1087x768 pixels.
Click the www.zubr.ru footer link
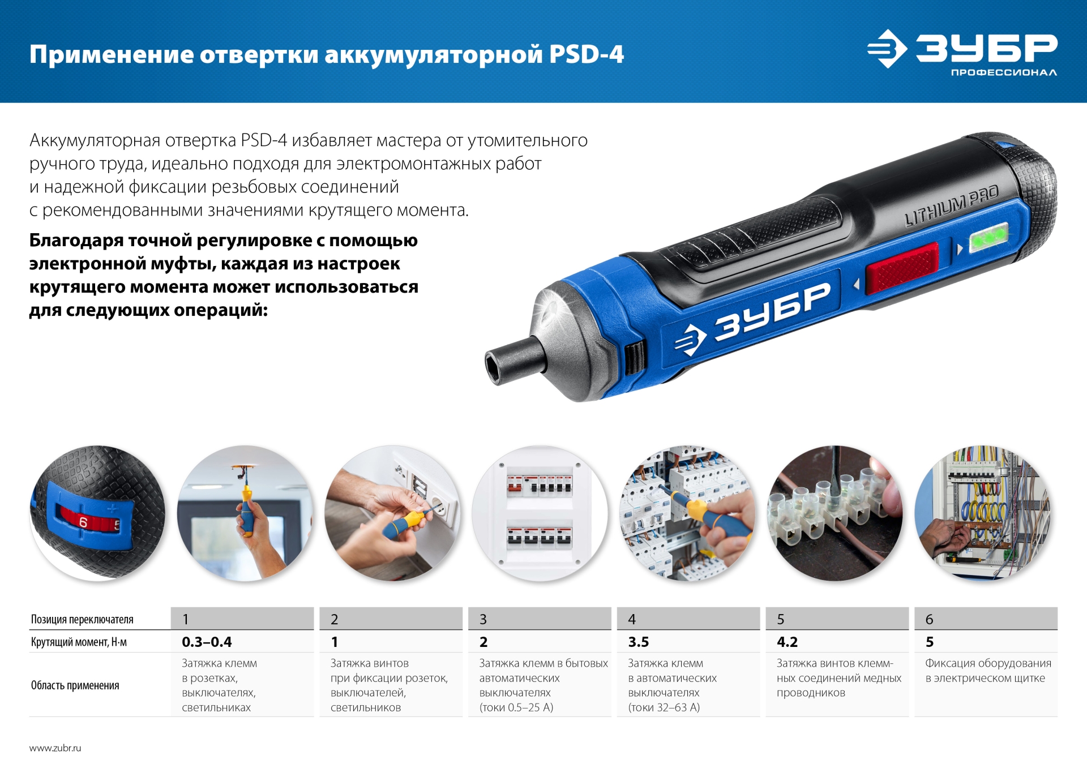click(55, 748)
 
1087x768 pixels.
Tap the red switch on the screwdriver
click(901, 267)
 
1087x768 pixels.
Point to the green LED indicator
click(988, 237)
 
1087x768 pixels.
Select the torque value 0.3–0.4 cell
click(207, 642)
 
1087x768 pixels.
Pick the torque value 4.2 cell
click(787, 642)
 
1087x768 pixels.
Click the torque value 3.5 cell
click(638, 642)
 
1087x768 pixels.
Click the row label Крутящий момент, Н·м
click(79, 642)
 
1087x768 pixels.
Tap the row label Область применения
click(75, 685)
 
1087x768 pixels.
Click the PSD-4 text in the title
click(586, 55)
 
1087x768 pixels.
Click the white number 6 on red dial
click(83, 522)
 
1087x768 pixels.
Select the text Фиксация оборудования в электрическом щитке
click(987, 670)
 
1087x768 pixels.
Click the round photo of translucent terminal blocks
click(834, 513)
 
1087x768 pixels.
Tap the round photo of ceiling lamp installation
click(245, 513)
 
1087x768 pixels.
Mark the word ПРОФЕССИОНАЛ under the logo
click(1003, 72)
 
